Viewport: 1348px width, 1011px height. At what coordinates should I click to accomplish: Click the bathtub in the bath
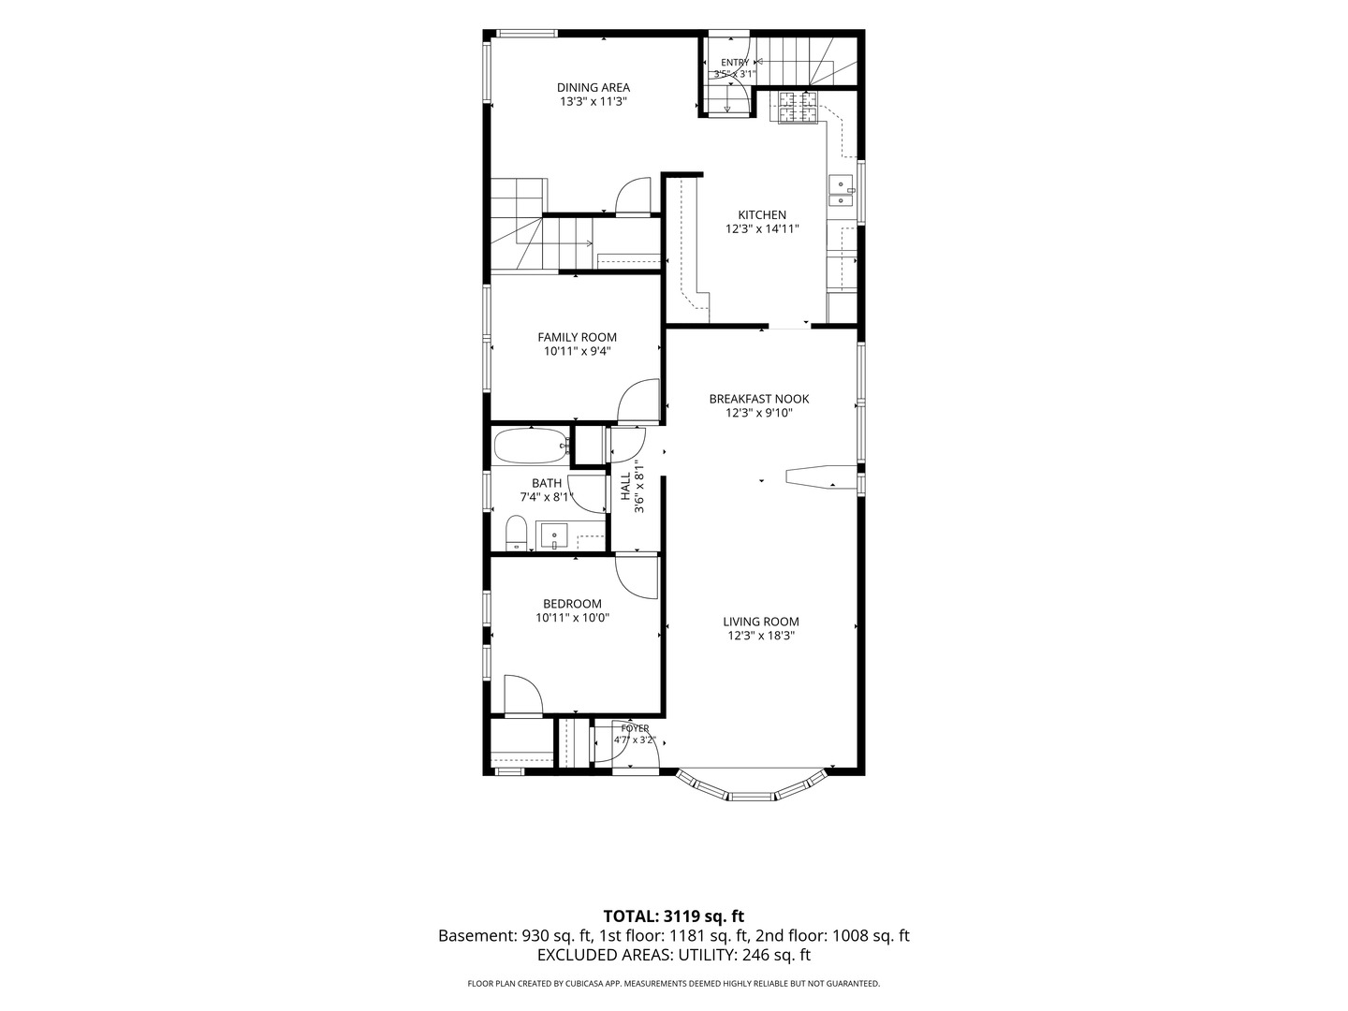531,446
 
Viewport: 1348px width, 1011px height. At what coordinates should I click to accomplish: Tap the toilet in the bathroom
517,534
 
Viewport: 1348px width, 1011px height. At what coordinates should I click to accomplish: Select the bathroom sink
555,537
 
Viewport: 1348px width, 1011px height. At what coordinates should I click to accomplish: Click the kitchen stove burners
799,107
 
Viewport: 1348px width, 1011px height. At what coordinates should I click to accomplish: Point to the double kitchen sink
841,192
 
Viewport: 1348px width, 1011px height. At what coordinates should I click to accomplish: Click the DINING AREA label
593,88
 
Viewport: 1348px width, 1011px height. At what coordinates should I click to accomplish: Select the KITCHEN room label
762,215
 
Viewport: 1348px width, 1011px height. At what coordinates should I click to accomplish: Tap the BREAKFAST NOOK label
759,399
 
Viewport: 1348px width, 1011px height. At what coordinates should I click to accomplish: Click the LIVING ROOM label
761,622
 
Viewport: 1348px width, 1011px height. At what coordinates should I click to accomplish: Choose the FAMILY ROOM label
578,337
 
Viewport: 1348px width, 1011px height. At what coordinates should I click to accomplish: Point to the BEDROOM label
572,604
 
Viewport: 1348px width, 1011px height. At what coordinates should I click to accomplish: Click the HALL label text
626,486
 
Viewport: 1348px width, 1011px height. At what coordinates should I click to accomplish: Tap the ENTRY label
735,63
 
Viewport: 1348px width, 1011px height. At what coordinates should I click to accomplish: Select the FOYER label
635,728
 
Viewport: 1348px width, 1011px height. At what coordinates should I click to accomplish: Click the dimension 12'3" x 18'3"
761,636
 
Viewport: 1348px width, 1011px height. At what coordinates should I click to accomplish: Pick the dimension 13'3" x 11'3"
593,102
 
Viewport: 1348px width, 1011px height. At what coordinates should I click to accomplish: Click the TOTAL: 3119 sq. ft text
674,916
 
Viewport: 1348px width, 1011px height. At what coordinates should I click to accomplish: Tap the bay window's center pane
752,797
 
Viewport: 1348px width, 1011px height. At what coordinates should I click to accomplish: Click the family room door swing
638,401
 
